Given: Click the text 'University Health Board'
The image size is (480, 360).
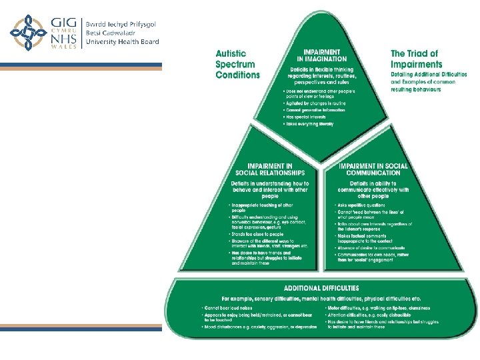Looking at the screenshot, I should click(123, 42).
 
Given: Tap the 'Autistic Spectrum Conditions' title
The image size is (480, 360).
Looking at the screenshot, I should click(237, 64).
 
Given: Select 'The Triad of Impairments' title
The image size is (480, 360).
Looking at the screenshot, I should click(415, 59).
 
